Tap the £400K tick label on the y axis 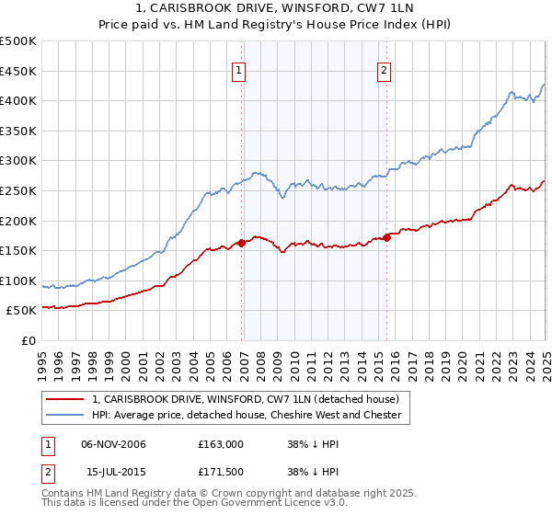point(17,101)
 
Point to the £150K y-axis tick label point(17,250)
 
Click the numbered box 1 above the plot point(238,70)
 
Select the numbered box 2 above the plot point(384,70)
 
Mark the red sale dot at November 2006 point(242,243)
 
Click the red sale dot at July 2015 point(387,237)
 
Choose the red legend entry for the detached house point(245,400)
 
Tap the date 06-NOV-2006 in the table point(114,444)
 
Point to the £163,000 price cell point(221,444)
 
